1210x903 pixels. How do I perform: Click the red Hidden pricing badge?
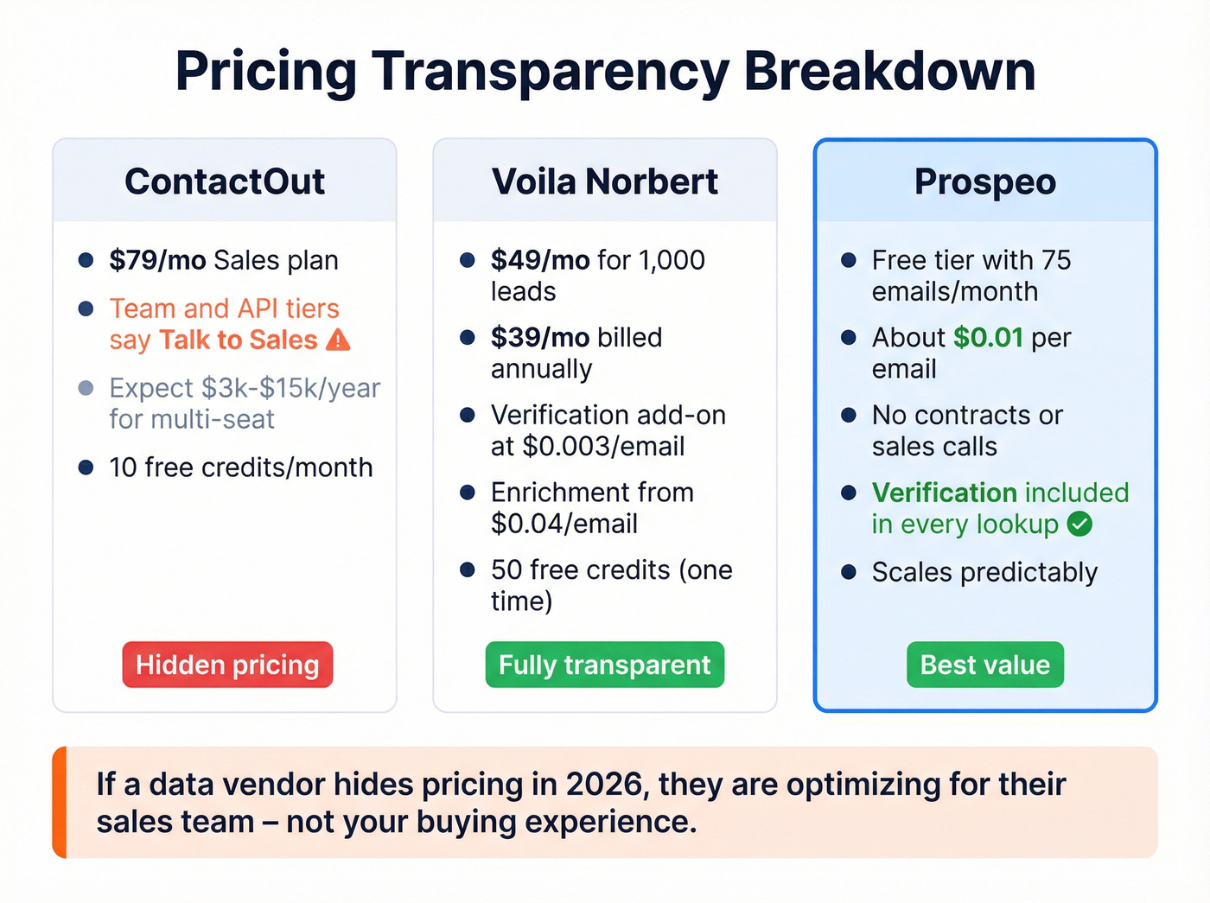[x=227, y=665]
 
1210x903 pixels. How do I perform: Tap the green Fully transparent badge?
[x=604, y=665]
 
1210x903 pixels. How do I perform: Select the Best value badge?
[x=984, y=665]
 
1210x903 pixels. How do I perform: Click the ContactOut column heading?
[x=225, y=181]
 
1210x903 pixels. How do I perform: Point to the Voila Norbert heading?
[x=604, y=181]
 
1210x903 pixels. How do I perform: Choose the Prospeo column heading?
[x=984, y=181]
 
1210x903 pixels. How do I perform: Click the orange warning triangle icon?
[x=339, y=340]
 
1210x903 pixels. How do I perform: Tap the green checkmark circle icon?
[x=1079, y=524]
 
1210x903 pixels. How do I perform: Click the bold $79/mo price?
[x=157, y=260]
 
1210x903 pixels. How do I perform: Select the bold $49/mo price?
[x=539, y=260]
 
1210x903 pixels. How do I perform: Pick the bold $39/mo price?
[x=539, y=337]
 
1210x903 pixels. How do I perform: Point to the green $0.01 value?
[x=988, y=337]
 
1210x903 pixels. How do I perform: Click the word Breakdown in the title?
[x=889, y=71]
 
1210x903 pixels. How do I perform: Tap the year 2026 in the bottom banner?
[x=604, y=785]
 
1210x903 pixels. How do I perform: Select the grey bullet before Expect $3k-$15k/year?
[x=86, y=388]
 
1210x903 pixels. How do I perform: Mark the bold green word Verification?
[x=945, y=493]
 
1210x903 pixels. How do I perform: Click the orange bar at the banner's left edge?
[x=59, y=802]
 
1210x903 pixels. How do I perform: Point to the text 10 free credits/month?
[x=240, y=467]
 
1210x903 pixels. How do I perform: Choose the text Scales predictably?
[x=984, y=572]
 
